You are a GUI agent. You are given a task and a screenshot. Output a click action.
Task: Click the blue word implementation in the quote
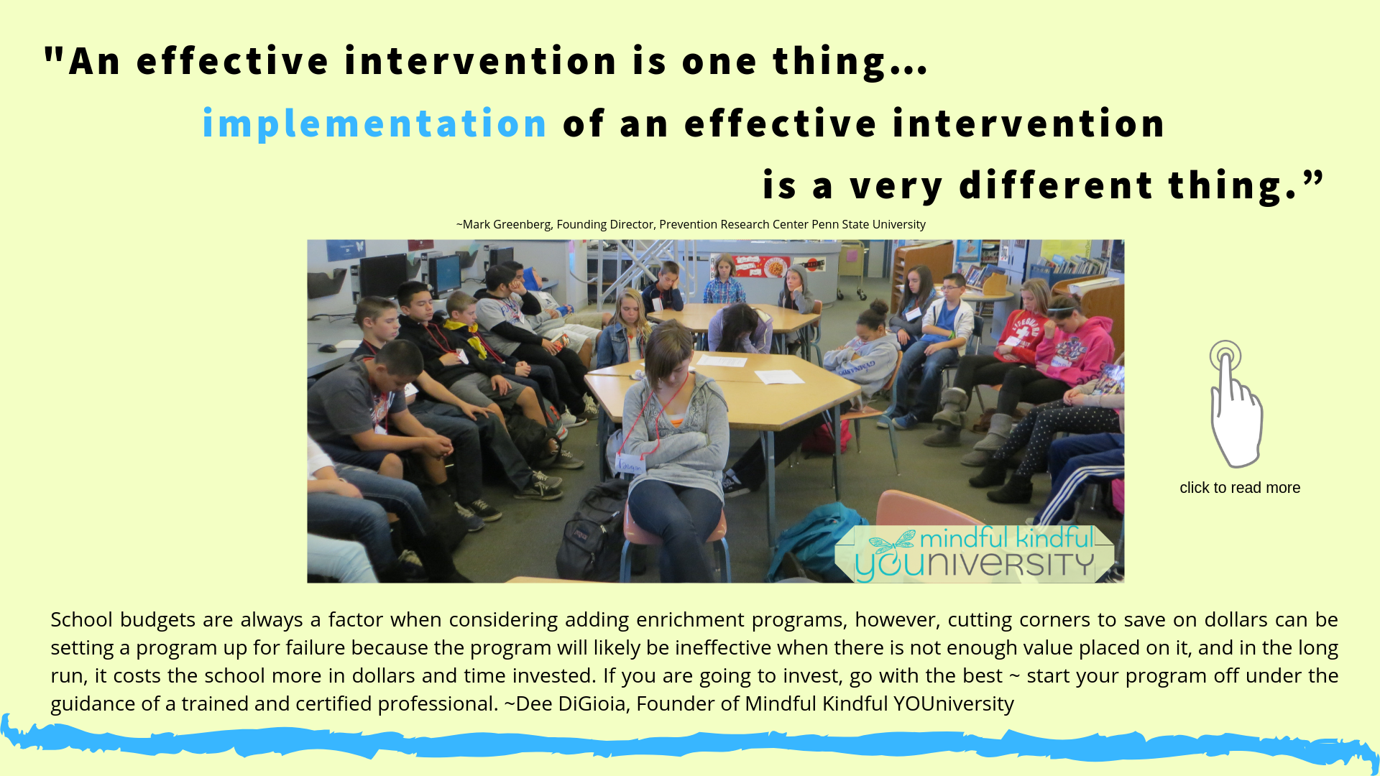tap(374, 123)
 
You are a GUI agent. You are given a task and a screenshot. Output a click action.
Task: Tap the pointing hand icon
tap(1235, 404)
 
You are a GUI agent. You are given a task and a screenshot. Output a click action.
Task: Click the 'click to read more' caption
tap(1240, 488)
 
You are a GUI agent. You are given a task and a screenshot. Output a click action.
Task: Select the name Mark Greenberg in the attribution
tap(506, 224)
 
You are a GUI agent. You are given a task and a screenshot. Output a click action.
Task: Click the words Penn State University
tap(868, 224)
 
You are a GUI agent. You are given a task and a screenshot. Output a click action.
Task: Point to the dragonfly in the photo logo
tap(892, 540)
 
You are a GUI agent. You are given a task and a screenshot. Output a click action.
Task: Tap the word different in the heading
tap(1056, 185)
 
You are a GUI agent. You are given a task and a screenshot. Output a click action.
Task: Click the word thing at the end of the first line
tap(829, 62)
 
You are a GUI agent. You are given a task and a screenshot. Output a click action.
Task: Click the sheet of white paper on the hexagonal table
tap(778, 377)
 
